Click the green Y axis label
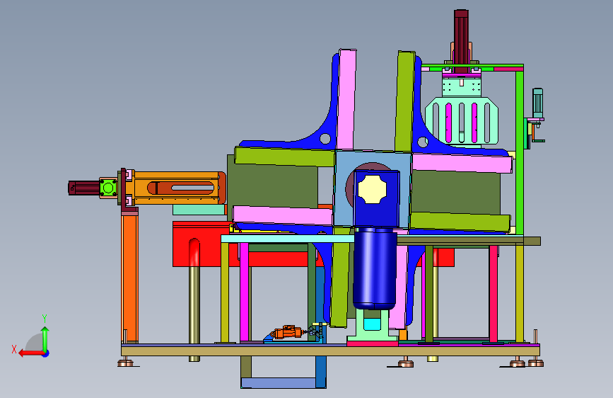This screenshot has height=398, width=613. click(45, 318)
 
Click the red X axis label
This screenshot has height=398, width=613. click(14, 349)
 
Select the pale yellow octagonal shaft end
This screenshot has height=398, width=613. click(372, 189)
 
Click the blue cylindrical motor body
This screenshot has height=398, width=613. click(375, 268)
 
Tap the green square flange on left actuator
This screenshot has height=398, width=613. click(108, 188)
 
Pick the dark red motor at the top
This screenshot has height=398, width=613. click(461, 41)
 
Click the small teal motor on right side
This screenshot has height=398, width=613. click(537, 103)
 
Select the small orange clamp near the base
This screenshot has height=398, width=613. click(287, 332)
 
